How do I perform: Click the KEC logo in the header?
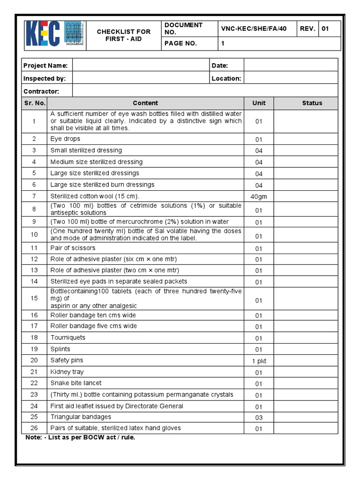(x=54, y=34)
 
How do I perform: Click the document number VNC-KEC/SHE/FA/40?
(x=254, y=29)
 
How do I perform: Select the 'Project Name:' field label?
(x=45, y=66)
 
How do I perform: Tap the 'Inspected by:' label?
(x=45, y=78)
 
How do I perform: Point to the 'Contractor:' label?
(x=41, y=91)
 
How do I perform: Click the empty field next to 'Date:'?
(x=291, y=65)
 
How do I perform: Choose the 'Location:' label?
(x=226, y=78)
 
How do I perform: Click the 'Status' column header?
(x=312, y=103)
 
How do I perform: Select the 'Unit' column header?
(x=259, y=103)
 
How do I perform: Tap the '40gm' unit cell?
(x=259, y=197)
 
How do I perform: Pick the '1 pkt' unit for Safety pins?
(x=259, y=361)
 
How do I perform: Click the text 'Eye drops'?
(x=65, y=139)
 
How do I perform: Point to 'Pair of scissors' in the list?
(x=73, y=248)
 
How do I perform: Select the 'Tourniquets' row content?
(x=68, y=337)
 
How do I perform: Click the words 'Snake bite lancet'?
(x=76, y=383)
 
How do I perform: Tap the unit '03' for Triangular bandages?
(x=259, y=418)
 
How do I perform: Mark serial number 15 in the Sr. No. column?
(x=34, y=298)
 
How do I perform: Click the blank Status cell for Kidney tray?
(x=306, y=372)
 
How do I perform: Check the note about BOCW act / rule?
(x=80, y=437)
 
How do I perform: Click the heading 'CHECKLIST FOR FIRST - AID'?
(x=124, y=35)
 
